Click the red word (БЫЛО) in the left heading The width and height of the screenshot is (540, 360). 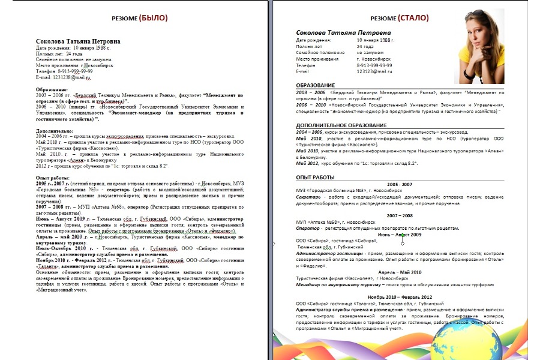point(151,18)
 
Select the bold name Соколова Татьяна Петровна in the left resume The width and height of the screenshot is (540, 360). point(78,41)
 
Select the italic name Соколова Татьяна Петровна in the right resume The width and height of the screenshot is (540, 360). point(343,32)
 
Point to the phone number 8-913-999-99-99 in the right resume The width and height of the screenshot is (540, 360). point(379,65)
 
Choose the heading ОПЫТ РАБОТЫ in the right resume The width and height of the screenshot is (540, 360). point(315,177)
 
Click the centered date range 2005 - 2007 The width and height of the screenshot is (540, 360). point(400,184)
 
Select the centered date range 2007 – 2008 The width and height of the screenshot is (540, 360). point(400,215)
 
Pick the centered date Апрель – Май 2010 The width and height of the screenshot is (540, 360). point(400,272)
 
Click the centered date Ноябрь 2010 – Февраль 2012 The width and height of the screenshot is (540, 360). point(400,297)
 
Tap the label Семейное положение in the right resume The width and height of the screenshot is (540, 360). point(320,53)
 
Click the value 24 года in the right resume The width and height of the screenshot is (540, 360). point(365,46)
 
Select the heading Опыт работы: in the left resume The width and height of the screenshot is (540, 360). point(53,178)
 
